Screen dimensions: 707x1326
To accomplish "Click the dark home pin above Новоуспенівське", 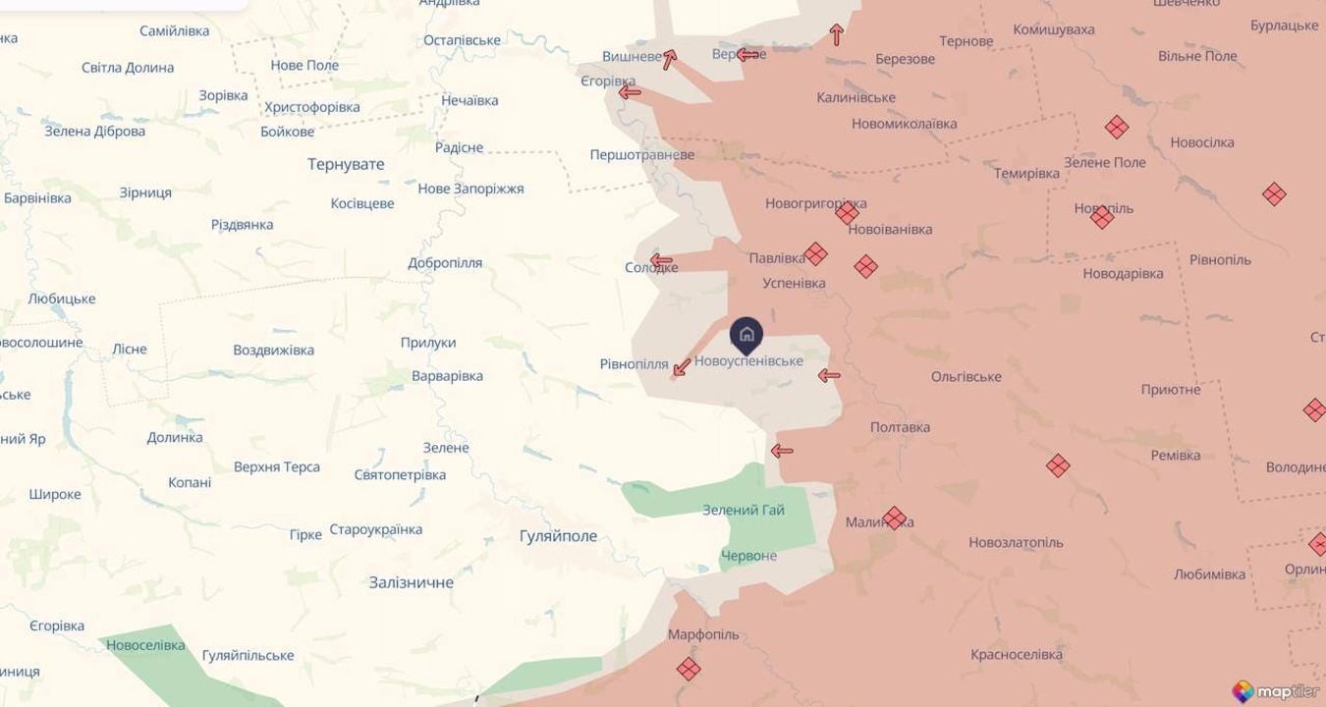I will pyautogui.click(x=746, y=334).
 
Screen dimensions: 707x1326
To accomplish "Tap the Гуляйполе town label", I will pyautogui.click(x=558, y=536).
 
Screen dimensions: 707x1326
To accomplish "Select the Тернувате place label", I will pyautogui.click(x=346, y=164).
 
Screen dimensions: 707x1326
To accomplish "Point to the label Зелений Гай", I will pyautogui.click(x=744, y=510).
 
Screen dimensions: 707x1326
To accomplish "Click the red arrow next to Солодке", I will pyautogui.click(x=661, y=261).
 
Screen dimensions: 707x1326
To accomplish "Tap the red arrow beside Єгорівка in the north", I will pyautogui.click(x=630, y=92).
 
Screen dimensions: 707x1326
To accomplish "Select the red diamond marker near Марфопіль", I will pyautogui.click(x=689, y=669).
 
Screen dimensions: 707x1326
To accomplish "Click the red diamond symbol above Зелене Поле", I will pyautogui.click(x=1116, y=127).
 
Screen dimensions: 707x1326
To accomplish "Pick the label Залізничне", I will pyautogui.click(x=412, y=582).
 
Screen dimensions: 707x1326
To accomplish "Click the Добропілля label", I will pyautogui.click(x=445, y=263).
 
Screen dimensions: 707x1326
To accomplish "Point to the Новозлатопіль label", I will pyautogui.click(x=1016, y=542).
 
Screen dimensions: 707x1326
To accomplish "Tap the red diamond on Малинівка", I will pyautogui.click(x=894, y=517).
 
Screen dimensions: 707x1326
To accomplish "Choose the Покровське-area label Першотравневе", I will pyautogui.click(x=641, y=155).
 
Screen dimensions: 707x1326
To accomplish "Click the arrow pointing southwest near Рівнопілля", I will pyautogui.click(x=681, y=368).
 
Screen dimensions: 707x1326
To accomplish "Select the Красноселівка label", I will pyautogui.click(x=1017, y=654).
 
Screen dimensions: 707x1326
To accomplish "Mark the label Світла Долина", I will pyautogui.click(x=128, y=68).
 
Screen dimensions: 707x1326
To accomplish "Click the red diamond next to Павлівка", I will pyautogui.click(x=815, y=253).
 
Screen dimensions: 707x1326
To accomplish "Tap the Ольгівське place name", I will pyautogui.click(x=967, y=377).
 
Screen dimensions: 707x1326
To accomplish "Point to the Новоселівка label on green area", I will pyautogui.click(x=145, y=645).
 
